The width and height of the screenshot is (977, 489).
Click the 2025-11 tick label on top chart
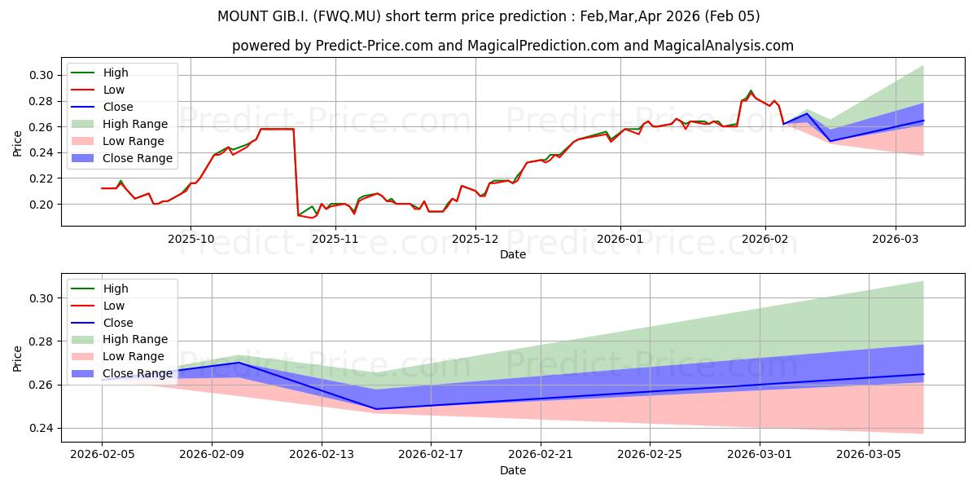335,239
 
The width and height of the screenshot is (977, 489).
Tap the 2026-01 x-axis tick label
620,239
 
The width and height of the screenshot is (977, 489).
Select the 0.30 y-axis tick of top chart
42,75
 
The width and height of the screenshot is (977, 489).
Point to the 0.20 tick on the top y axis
42,205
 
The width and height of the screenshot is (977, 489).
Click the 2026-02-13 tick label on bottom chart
322,455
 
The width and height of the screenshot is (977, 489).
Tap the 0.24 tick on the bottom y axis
42,428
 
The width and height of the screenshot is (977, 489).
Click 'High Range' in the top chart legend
135,124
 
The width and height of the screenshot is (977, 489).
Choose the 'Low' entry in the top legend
114,90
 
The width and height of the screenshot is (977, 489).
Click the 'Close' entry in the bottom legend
118,323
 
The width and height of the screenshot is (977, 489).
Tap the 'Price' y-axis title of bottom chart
17,358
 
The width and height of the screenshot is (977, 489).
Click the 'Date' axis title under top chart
513,254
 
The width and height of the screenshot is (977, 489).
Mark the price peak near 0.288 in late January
751,90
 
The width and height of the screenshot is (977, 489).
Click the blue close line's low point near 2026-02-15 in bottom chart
376,409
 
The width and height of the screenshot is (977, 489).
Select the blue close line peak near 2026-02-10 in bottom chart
239,363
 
